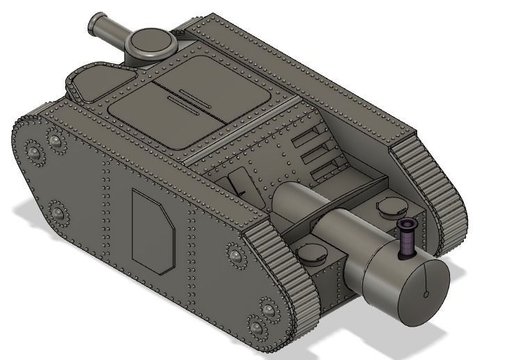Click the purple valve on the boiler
tap(405, 238)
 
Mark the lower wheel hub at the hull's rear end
tap(58, 212)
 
